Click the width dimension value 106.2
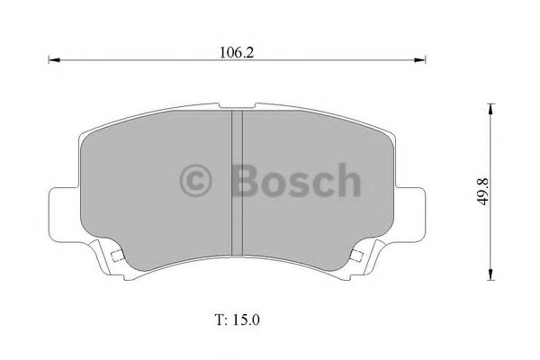237,51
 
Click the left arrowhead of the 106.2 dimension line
52,61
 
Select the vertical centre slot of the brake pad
238,180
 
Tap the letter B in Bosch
246,180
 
